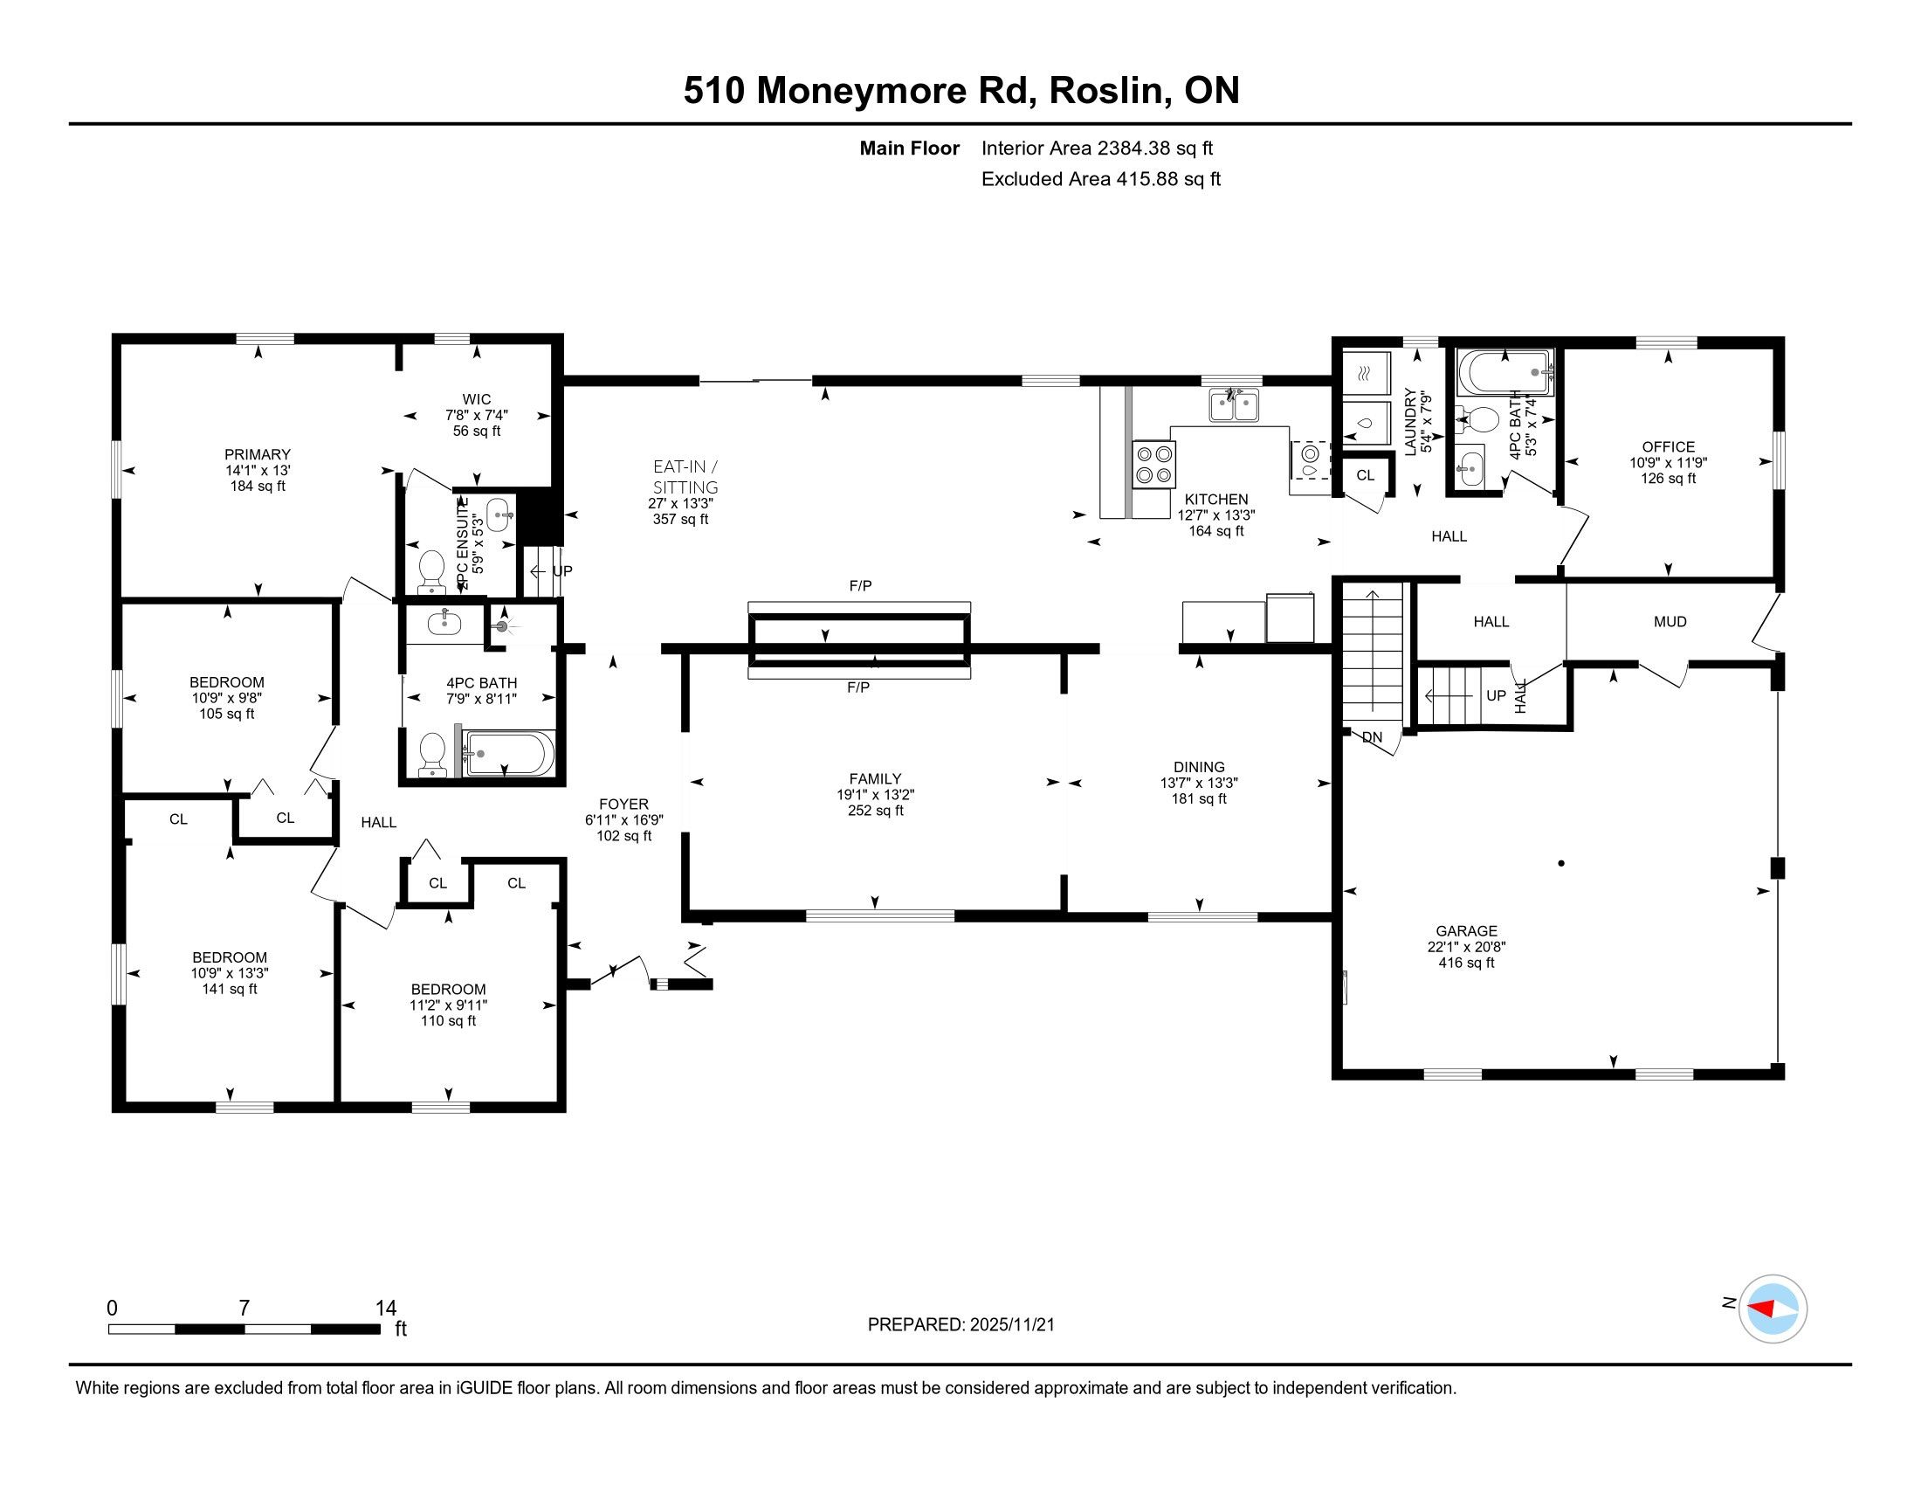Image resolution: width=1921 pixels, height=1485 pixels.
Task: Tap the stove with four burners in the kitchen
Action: pos(1154,465)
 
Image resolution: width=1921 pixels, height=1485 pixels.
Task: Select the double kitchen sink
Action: pos(1234,405)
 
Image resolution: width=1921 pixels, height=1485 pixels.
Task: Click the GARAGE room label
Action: pos(1466,931)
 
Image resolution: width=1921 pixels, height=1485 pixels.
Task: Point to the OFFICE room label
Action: pos(1669,447)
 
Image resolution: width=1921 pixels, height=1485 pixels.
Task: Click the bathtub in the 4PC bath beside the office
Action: pos(1505,373)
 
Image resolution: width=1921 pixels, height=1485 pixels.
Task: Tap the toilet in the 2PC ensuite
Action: pos(431,570)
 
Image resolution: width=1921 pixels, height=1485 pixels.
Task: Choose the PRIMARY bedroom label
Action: pos(258,455)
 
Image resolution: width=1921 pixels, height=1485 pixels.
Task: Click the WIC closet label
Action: pos(477,399)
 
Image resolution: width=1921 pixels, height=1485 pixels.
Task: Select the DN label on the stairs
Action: pos(1372,737)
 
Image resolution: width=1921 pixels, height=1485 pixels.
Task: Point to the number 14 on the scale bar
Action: pos(386,1309)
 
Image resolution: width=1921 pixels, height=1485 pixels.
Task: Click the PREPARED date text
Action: pos(961,1325)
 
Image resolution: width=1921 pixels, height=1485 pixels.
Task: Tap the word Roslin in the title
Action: pos(1109,91)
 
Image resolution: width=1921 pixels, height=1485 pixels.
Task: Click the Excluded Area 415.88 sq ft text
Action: pos(1101,179)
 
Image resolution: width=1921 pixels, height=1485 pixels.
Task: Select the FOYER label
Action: pos(623,804)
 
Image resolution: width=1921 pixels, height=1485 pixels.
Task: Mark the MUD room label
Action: pos(1670,622)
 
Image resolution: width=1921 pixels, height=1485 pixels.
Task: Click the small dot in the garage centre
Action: pos(1561,863)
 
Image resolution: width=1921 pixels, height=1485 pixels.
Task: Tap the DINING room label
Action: pos(1199,767)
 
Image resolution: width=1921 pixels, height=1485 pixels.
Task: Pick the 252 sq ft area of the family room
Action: pos(876,811)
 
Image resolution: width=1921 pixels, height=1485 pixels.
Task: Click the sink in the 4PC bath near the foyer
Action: pos(444,624)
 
